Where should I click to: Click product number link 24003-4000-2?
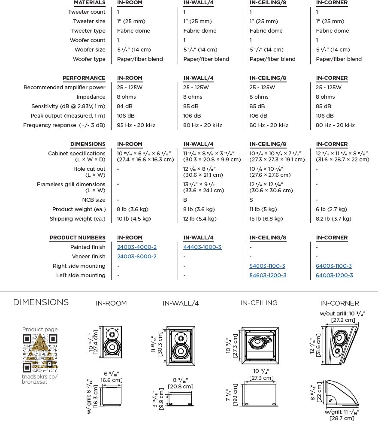click(x=137, y=247)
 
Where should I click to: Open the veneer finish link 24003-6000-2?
click(x=137, y=257)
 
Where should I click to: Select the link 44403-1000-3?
click(x=203, y=247)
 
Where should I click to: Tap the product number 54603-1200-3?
click(x=268, y=276)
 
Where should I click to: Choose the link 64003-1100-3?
click(x=334, y=266)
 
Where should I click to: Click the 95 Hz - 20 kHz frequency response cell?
click(x=136, y=125)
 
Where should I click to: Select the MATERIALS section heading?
click(x=89, y=3)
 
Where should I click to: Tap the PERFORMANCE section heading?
click(x=84, y=78)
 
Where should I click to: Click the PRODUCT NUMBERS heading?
click(x=77, y=238)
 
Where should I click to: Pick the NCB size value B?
click(x=185, y=200)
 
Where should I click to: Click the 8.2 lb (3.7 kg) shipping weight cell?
click(x=333, y=219)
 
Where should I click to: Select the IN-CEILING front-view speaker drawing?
click(x=261, y=343)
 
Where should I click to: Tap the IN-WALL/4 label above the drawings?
click(x=181, y=303)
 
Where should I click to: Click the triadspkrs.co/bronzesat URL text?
click(x=39, y=379)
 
